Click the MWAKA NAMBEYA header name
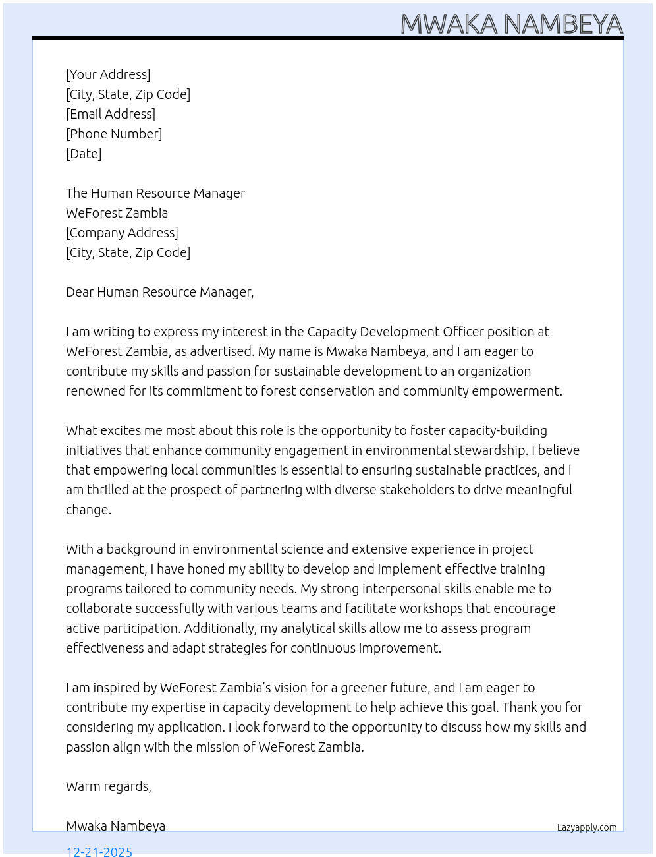point(511,24)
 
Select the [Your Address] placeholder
point(108,74)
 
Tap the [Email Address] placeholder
point(111,114)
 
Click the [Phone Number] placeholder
point(114,134)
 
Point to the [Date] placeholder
point(84,154)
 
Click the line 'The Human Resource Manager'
point(155,193)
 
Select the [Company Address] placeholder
point(122,233)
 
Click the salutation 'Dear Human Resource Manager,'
point(159,292)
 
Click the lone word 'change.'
point(88,510)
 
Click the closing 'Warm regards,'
point(109,786)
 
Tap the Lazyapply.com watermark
point(587,827)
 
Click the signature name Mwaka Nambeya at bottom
point(115,826)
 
